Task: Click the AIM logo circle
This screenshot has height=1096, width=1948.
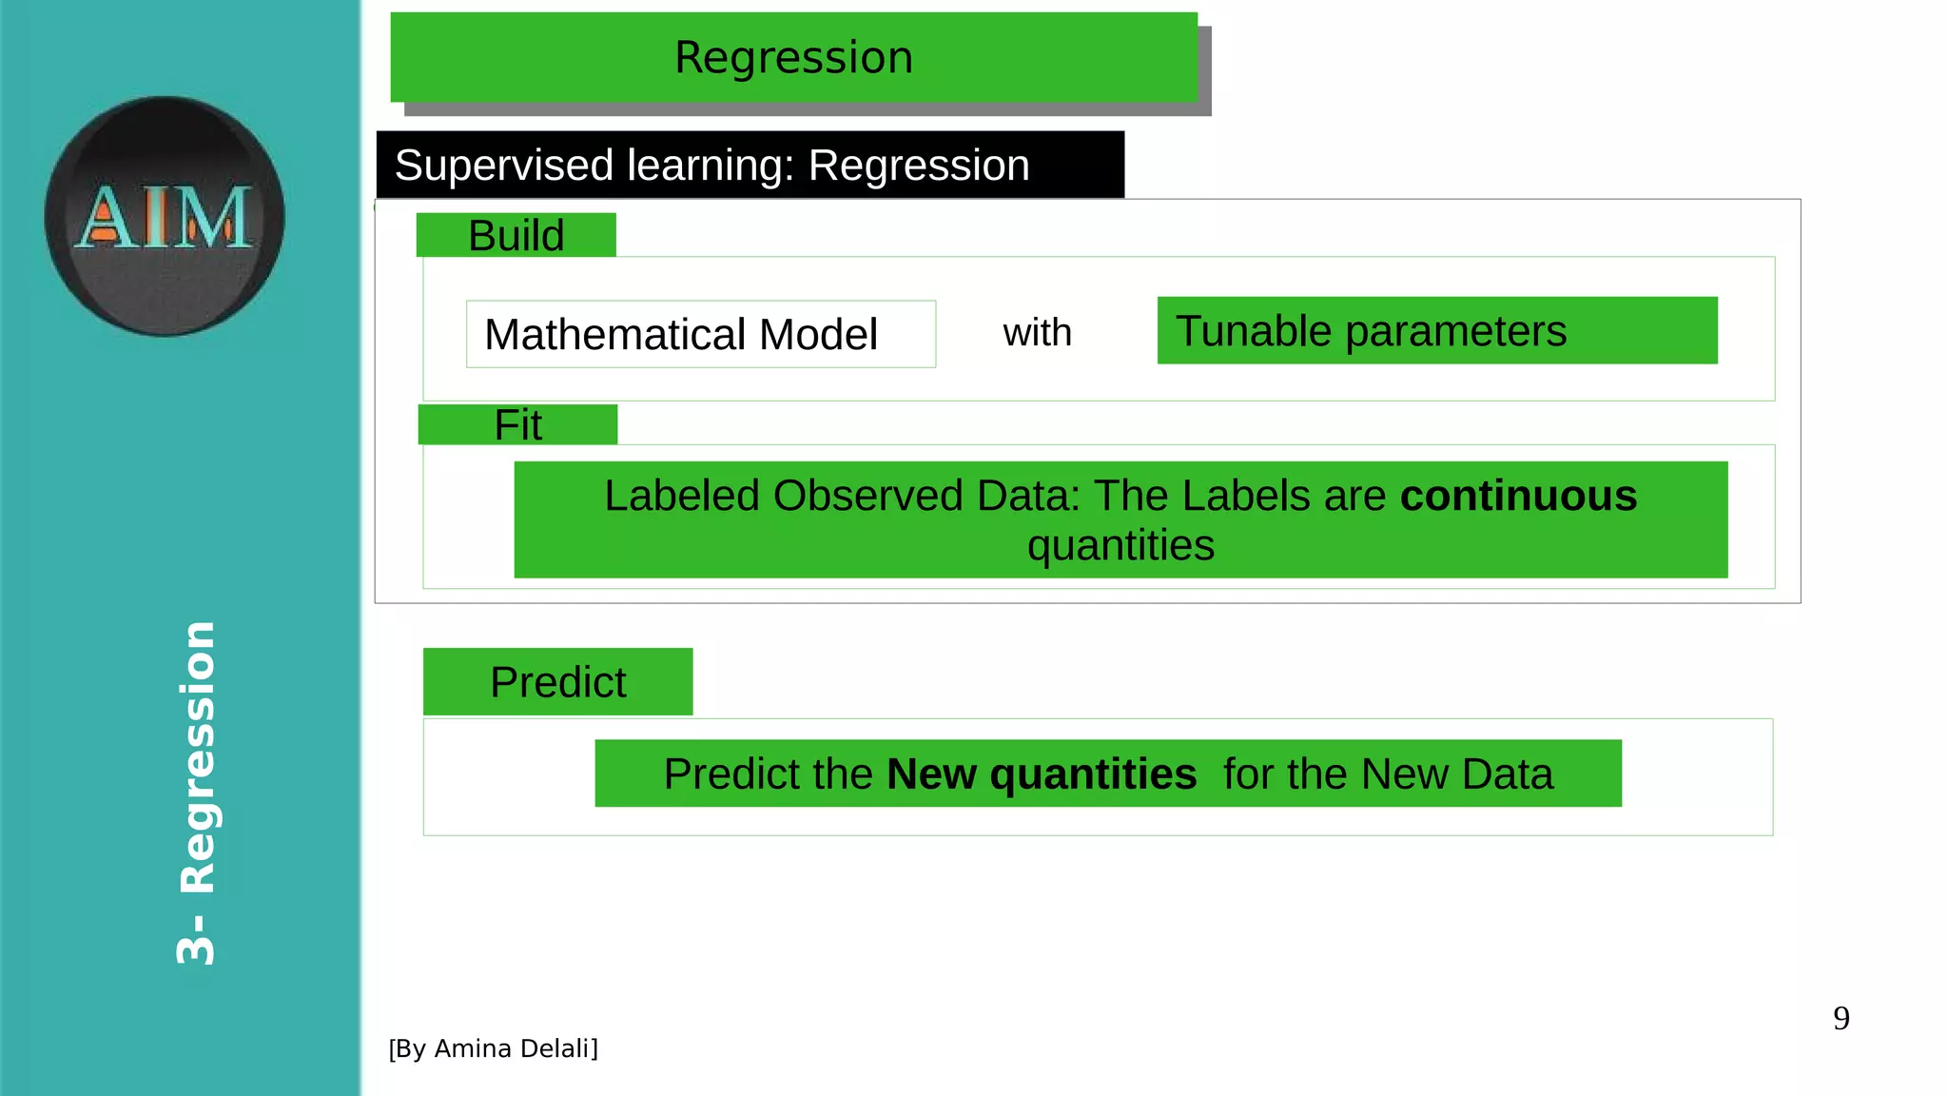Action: (165, 216)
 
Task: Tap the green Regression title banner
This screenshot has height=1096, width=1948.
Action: (793, 57)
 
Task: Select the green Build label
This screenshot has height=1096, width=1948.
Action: (516, 235)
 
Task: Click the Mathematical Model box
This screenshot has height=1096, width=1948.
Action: (700, 334)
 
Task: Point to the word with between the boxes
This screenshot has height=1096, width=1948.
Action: (1037, 333)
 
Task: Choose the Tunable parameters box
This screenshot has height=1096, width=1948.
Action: (1436, 331)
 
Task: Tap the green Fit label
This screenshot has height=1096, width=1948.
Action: (517, 424)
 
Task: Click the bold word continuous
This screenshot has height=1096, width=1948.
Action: (1518, 496)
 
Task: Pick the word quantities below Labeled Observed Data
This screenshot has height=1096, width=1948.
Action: (1120, 546)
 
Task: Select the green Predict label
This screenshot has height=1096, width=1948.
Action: (557, 682)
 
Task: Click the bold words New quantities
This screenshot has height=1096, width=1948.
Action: (1042, 773)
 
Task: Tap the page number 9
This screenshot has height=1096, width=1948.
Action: (1841, 1018)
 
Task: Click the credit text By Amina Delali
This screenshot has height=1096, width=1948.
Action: (493, 1048)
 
